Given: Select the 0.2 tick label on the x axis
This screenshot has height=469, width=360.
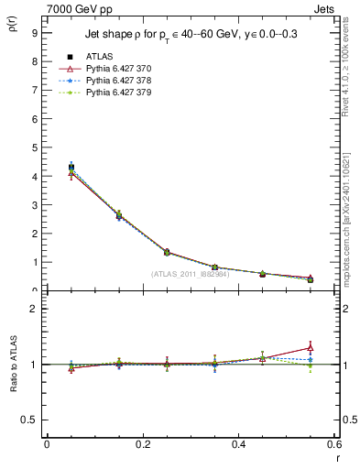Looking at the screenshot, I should [142, 444].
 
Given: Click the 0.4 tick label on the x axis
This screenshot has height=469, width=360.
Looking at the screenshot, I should [238, 444].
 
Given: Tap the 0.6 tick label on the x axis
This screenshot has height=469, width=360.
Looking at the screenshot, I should [334, 444].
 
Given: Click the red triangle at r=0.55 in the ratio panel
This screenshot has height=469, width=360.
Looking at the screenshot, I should [311, 347].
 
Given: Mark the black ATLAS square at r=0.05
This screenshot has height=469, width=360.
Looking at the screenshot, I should [71, 168].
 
